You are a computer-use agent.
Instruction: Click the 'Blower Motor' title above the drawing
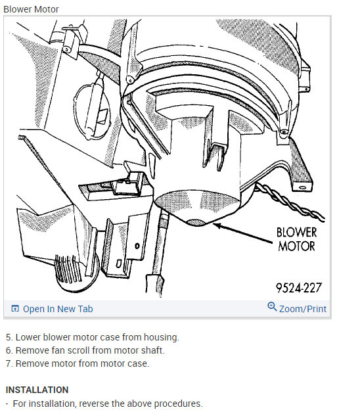pyautogui.click(x=31, y=9)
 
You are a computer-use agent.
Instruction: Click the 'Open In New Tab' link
pyautogui.click(x=58, y=309)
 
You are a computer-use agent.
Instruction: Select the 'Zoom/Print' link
pyautogui.click(x=302, y=309)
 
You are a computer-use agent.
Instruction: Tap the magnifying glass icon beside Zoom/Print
pyautogui.click(x=272, y=308)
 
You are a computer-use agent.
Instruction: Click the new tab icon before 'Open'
pyautogui.click(x=15, y=309)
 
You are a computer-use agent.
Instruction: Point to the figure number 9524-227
pyautogui.click(x=299, y=288)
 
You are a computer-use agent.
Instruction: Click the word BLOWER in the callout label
pyautogui.click(x=296, y=233)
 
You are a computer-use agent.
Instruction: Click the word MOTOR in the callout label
pyautogui.click(x=296, y=247)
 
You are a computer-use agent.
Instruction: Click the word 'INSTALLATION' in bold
pyautogui.click(x=37, y=390)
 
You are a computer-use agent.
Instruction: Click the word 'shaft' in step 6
pyautogui.click(x=152, y=350)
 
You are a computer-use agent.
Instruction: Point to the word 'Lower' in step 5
pyautogui.click(x=28, y=337)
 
